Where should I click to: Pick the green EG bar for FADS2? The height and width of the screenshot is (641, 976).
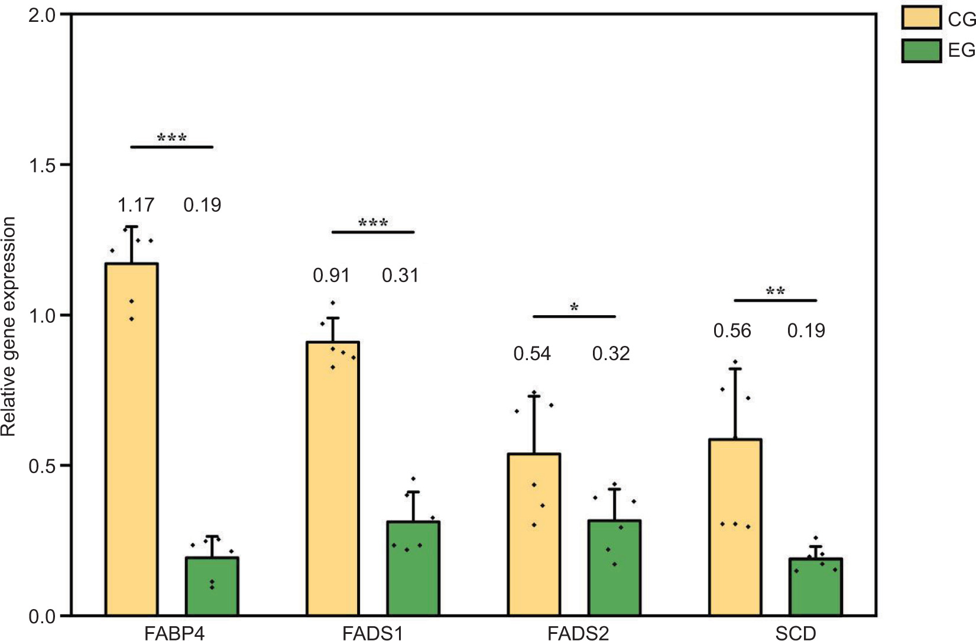coord(614,568)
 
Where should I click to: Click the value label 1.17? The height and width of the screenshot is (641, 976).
coord(136,205)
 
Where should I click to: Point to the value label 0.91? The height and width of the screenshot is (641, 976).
coord(331,276)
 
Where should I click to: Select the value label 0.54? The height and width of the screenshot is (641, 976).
coord(532,354)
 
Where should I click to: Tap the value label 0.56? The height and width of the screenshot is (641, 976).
coord(732,331)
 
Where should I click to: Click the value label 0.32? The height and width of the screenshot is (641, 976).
coord(611,354)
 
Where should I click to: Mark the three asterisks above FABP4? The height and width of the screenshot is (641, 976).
coord(172,138)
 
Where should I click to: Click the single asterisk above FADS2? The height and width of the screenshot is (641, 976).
coord(574,307)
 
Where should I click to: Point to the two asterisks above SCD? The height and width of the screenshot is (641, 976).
coord(776,292)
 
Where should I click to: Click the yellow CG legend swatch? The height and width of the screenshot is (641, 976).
coord(921,18)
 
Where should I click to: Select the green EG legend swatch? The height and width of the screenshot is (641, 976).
coord(921,51)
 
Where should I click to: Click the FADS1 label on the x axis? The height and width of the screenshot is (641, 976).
coord(372,633)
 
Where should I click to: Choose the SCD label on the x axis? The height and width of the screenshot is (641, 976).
coord(796,633)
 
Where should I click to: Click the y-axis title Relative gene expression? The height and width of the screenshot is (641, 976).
coord(8,326)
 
